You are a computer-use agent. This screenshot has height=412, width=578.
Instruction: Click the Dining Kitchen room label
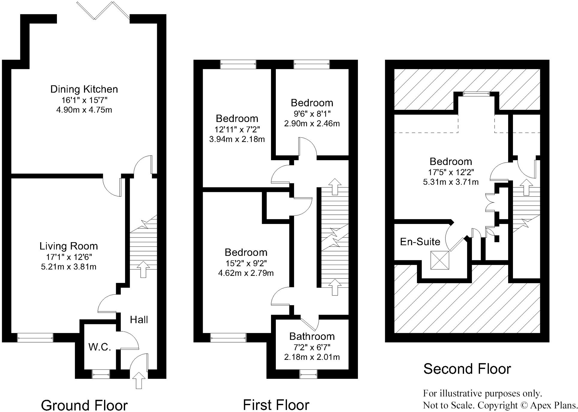[x=84, y=89]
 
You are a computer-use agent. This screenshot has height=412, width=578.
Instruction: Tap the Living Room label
[x=69, y=246]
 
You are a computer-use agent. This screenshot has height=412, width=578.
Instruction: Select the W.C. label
[x=100, y=347]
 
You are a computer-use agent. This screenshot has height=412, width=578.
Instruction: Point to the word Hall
[x=139, y=320]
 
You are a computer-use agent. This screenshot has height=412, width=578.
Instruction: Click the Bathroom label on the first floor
[x=312, y=337]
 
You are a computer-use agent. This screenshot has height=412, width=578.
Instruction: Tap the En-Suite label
[x=420, y=242]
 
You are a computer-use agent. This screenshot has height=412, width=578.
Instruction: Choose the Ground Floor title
[x=84, y=405]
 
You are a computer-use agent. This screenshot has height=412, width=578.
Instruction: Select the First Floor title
[x=276, y=405]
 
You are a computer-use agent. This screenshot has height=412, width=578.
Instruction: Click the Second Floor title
[x=467, y=369]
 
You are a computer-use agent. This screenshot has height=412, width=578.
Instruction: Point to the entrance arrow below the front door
[x=139, y=380]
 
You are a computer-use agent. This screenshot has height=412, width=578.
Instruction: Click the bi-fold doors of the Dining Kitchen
[x=103, y=10]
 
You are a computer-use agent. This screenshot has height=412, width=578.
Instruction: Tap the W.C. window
[x=101, y=374]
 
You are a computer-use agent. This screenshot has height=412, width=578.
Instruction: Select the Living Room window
[x=35, y=338]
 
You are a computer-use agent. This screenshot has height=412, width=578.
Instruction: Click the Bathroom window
[x=309, y=374]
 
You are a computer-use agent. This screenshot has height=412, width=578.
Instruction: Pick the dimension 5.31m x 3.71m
[x=451, y=182]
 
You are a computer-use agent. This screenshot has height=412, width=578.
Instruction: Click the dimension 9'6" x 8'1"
[x=312, y=113]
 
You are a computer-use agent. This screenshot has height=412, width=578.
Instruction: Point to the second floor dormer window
[x=477, y=94]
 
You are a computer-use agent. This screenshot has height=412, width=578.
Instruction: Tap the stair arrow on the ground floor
[x=143, y=269]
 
